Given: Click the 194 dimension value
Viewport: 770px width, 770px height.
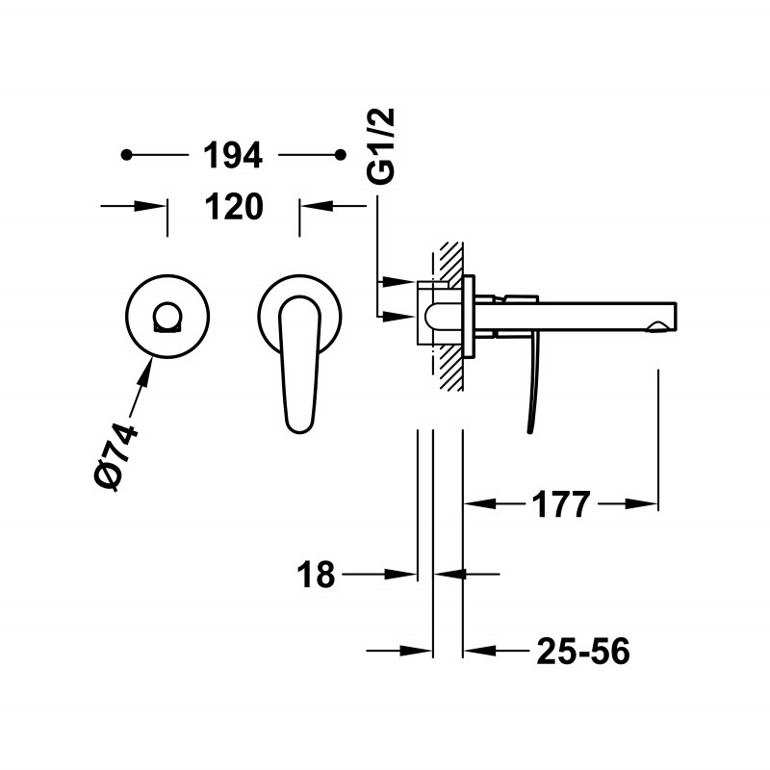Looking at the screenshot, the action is (x=233, y=155).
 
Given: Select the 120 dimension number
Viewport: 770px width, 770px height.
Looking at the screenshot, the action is (x=234, y=207).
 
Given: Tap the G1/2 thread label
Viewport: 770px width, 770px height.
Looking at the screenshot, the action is (x=381, y=146).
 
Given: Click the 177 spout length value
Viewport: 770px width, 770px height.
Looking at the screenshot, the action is (x=561, y=504).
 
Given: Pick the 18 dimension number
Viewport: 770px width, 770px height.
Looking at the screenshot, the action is (x=316, y=574).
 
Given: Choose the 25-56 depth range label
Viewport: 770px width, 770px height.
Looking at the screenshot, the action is (x=583, y=652).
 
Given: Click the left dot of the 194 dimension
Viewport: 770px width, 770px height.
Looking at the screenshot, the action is (x=127, y=155).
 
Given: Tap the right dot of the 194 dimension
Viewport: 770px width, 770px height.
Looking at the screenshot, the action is (x=341, y=155).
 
